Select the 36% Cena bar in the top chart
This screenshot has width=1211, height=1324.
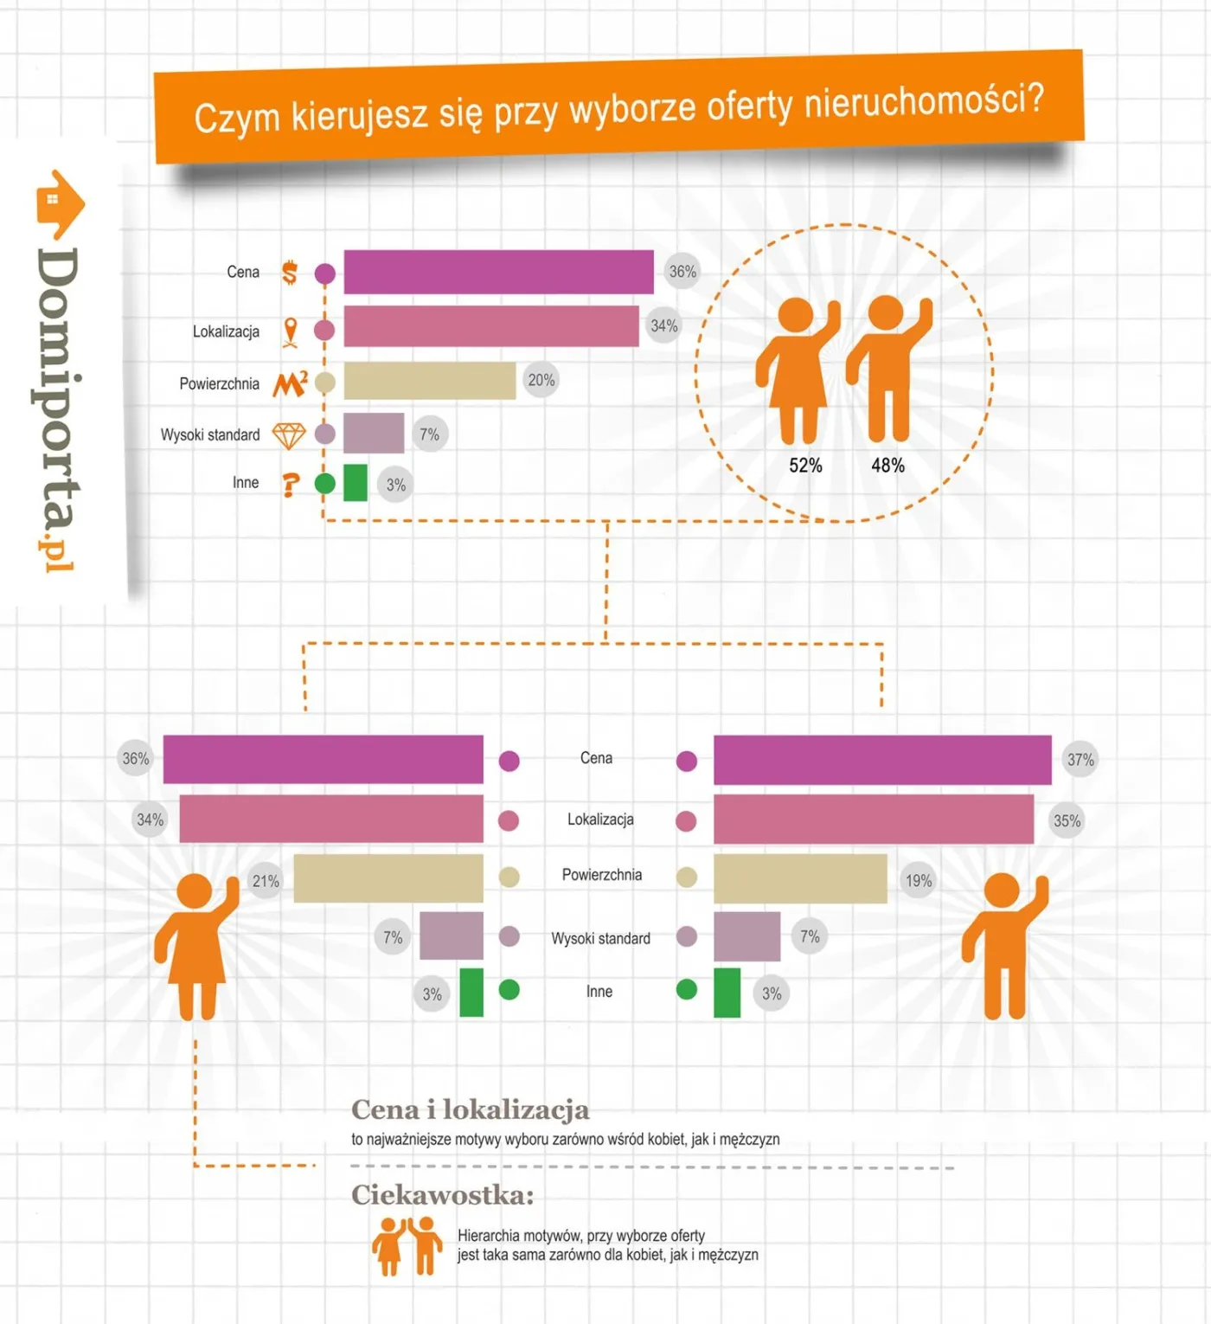[498, 271]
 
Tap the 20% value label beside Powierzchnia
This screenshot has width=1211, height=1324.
[541, 380]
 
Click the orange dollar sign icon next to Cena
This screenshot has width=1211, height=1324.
[290, 272]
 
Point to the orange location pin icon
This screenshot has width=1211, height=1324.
[291, 332]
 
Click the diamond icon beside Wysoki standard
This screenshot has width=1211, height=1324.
[289, 435]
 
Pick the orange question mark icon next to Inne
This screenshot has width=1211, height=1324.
[290, 485]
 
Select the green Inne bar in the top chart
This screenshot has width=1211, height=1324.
[355, 483]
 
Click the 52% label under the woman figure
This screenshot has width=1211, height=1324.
[805, 466]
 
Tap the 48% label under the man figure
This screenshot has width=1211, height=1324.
[887, 466]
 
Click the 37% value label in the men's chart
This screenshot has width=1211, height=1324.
[1080, 760]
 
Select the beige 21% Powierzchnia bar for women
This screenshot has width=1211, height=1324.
[388, 877]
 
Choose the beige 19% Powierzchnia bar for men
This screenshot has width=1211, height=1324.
[800, 878]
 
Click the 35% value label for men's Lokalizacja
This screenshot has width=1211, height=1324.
[1067, 821]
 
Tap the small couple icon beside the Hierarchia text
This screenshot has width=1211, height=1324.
[407, 1245]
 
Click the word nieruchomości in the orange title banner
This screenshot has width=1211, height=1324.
[925, 101]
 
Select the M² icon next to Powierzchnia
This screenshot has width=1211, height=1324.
[291, 383]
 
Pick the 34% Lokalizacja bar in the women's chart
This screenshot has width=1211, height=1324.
[331, 819]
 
